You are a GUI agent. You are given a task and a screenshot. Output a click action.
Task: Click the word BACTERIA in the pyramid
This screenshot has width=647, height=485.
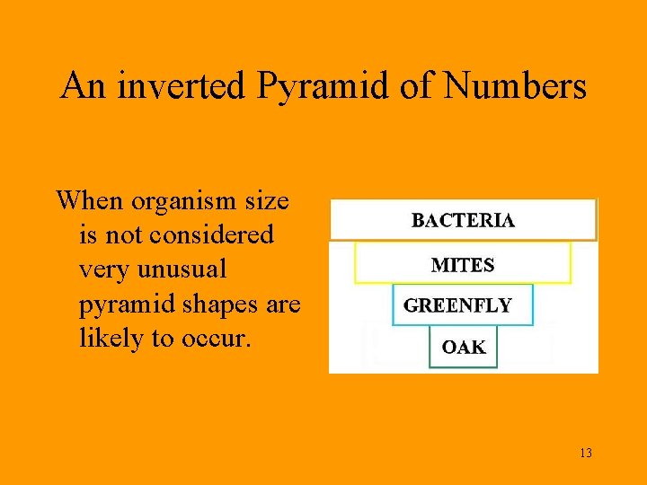point(463,220)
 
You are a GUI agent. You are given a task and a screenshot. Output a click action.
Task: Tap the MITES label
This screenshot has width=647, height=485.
point(463,265)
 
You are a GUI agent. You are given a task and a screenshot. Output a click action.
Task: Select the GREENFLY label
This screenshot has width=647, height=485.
point(457,305)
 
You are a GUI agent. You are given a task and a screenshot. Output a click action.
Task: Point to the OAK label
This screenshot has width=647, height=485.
point(464,348)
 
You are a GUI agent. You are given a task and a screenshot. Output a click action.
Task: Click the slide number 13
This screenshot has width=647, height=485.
point(585,453)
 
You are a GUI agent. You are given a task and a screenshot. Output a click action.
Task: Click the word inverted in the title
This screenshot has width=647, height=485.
point(182,87)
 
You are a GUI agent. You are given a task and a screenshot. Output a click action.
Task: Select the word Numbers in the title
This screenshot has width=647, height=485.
point(515,87)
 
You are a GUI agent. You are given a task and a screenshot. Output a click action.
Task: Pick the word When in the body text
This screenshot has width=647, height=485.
point(88,200)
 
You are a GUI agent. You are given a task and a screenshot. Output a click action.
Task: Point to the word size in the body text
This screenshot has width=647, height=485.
point(267,200)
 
